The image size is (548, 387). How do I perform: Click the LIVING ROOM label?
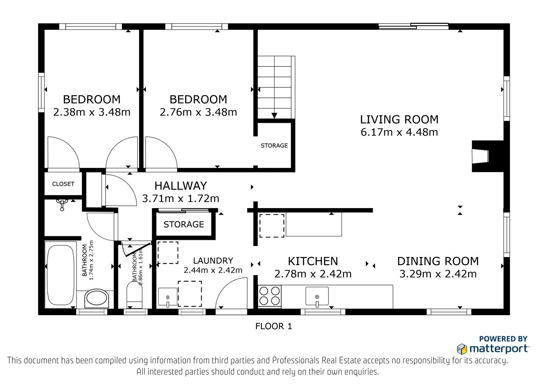tap(399, 119)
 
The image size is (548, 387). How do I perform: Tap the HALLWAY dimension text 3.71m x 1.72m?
tap(180, 198)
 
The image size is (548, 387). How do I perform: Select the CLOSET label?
tap(63, 184)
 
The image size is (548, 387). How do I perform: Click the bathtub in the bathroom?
tap(60, 275)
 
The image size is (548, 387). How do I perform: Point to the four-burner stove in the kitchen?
tap(269, 296)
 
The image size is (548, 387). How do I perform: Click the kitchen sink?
tap(317, 296)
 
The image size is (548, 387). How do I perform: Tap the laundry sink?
tap(168, 297)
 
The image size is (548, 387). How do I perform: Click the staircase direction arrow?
tap(274, 116)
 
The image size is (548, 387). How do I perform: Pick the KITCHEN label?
tap(313, 261)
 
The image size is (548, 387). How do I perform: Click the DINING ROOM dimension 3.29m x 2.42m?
tap(438, 274)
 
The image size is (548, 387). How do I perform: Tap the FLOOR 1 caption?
tap(274, 326)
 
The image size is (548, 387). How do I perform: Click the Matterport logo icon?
tap(462, 349)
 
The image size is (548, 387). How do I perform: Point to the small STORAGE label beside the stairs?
tap(274, 146)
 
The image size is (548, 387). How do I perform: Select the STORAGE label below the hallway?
tap(184, 224)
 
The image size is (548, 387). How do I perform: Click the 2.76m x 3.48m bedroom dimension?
tap(198, 112)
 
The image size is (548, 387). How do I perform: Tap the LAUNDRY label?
tap(213, 261)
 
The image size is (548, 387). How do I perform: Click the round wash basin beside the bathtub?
tap(97, 298)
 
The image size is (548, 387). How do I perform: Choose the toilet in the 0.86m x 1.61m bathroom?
tap(134, 295)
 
